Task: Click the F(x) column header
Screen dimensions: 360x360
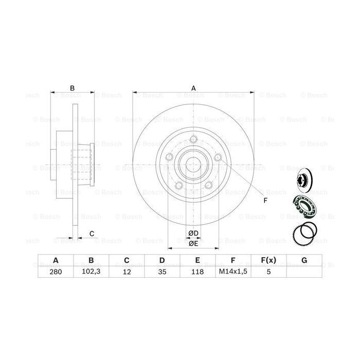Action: (x=268, y=260)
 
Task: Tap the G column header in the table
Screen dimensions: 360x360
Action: (x=304, y=260)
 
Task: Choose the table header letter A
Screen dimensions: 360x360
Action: (x=55, y=260)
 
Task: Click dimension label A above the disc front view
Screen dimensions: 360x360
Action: (x=194, y=88)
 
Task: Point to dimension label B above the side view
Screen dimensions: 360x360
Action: (x=73, y=88)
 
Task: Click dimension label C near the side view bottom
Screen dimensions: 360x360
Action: (x=92, y=234)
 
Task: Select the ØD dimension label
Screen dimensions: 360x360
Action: (x=193, y=234)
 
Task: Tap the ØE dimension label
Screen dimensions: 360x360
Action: (x=193, y=244)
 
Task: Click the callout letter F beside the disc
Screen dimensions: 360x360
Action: (x=265, y=201)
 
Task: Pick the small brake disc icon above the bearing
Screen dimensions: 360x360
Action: (x=302, y=179)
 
